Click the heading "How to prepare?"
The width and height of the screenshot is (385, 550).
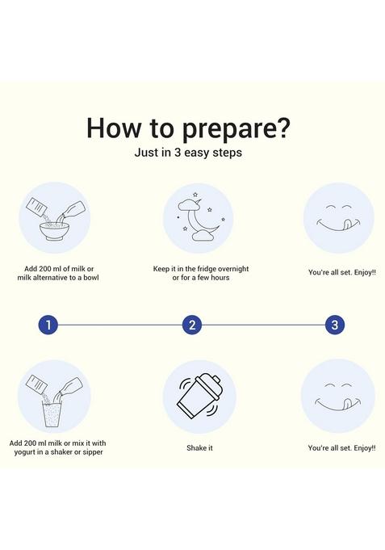tap(188, 128)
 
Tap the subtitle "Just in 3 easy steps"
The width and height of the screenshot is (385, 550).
tap(188, 153)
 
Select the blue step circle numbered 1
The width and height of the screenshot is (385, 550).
tap(48, 325)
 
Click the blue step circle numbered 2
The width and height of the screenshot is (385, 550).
tap(192, 325)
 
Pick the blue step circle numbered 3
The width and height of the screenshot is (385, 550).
tap(335, 325)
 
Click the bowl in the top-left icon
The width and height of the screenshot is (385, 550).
tap(54, 232)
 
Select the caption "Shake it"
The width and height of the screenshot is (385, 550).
tap(199, 448)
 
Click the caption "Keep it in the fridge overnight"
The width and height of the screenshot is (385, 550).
tap(201, 269)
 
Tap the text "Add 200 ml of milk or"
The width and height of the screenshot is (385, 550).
tap(59, 269)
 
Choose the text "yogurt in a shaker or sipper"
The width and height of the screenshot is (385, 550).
tap(59, 452)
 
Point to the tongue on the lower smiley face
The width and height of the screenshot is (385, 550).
tap(345, 403)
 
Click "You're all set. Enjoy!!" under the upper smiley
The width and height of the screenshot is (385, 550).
tap(342, 272)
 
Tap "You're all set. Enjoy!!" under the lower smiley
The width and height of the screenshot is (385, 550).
tap(341, 448)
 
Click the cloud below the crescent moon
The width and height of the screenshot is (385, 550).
tap(203, 236)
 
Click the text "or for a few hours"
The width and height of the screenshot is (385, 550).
tap(201, 278)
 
